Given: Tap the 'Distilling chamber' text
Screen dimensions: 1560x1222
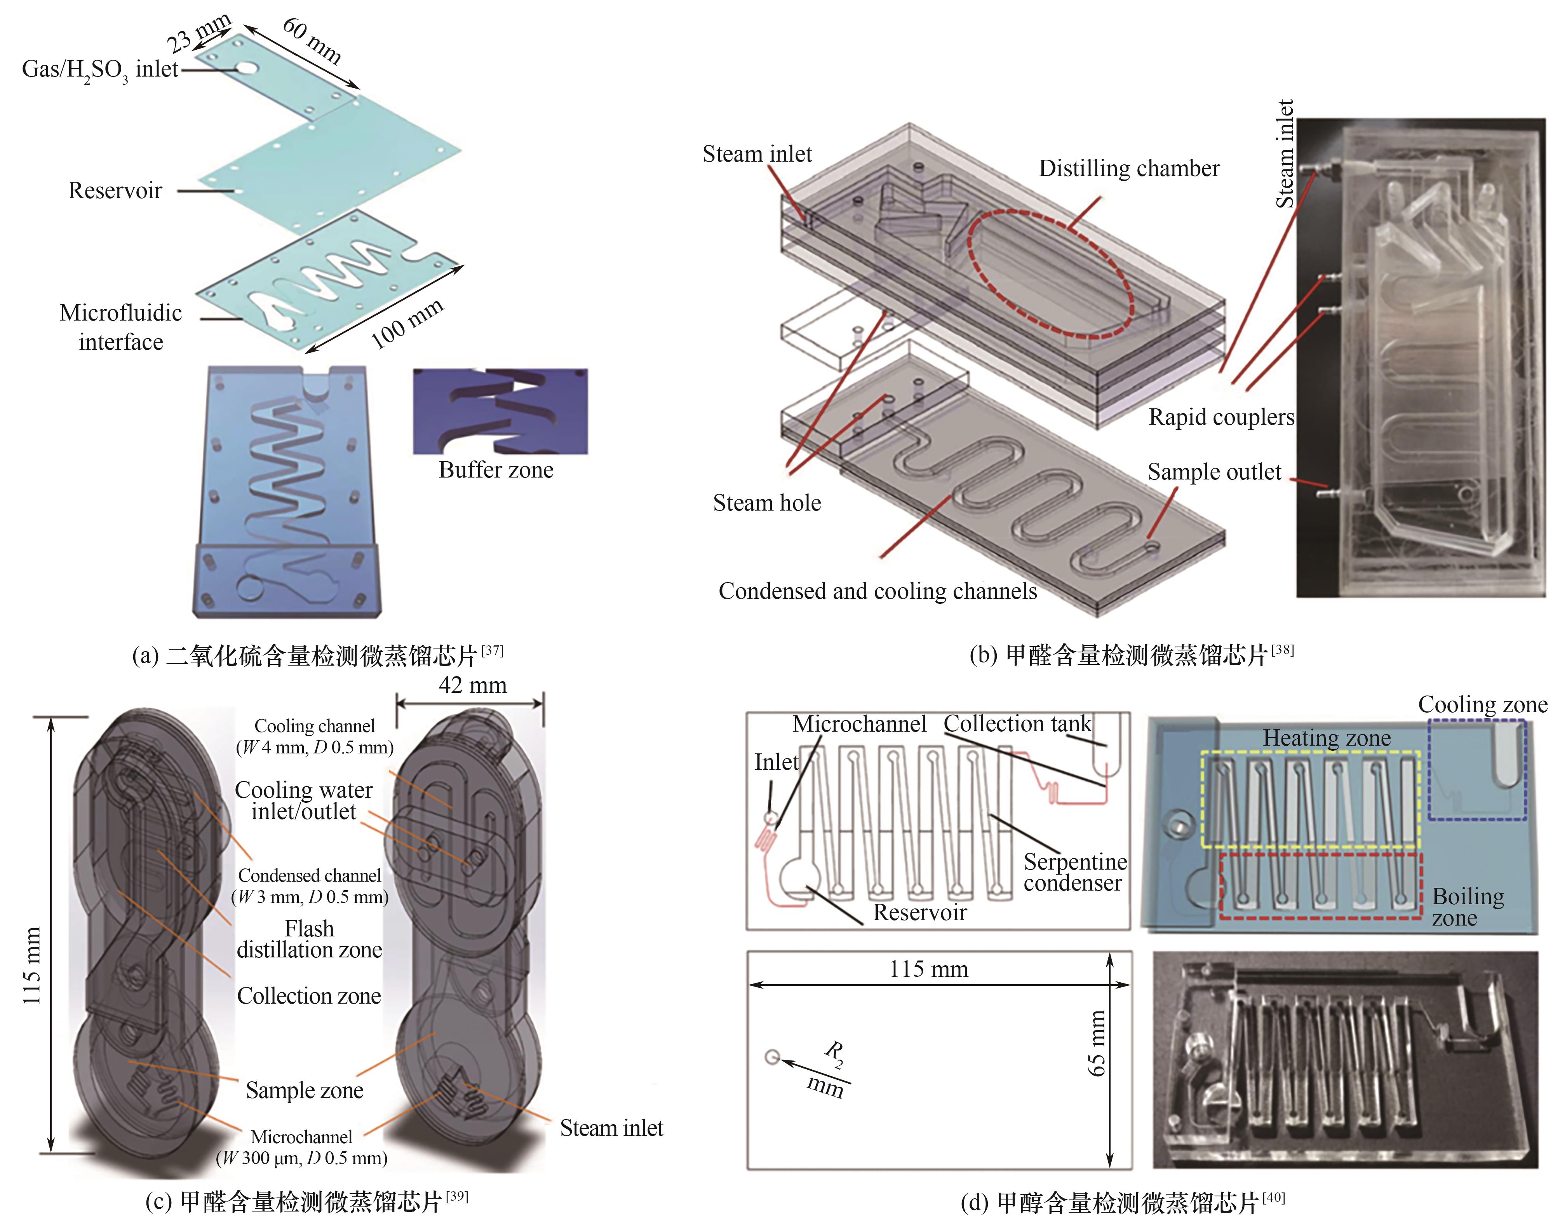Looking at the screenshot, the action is coord(1129,169).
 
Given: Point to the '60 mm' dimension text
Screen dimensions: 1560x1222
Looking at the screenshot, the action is coord(312,40).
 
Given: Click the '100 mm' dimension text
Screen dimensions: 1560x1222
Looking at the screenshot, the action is coord(408,323).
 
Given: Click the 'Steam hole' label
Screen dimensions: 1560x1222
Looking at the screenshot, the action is coord(767,503).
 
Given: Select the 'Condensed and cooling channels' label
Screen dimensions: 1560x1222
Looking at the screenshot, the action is coord(877,591).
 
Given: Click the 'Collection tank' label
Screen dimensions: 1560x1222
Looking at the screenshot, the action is coord(1017,723).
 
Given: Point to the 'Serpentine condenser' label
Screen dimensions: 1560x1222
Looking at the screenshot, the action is coord(1075,872).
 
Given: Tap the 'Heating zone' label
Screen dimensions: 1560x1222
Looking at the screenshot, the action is coord(1327,737).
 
